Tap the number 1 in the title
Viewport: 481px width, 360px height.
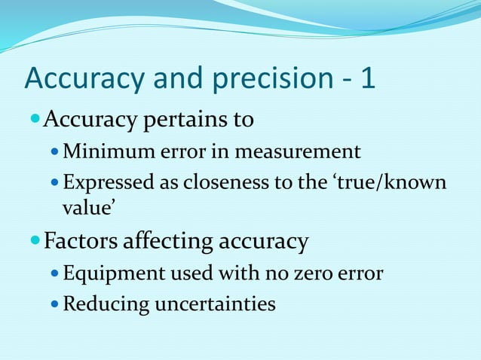(368, 79)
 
